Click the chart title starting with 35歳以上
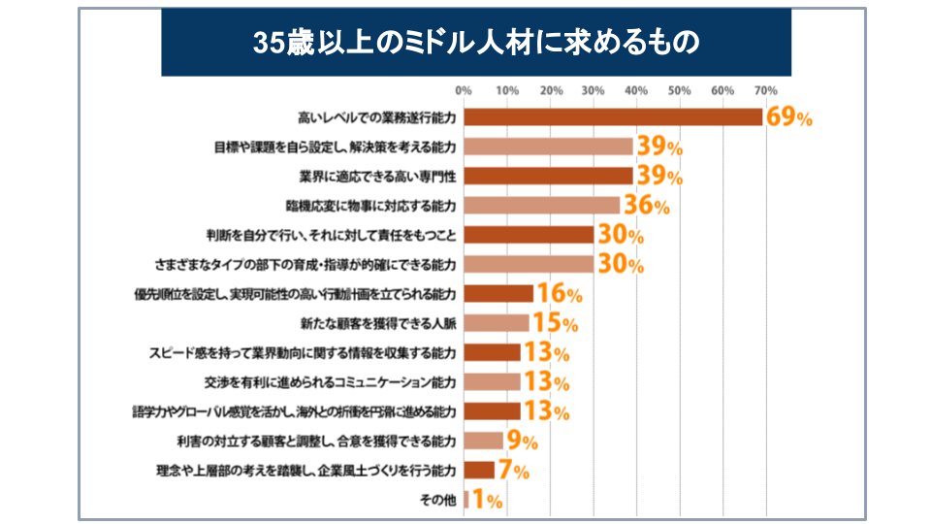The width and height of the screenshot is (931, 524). [x=475, y=43]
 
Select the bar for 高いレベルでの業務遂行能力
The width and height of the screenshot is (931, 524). [x=614, y=117]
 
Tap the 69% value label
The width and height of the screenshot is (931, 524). [x=788, y=117]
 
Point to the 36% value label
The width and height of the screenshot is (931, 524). [x=646, y=206]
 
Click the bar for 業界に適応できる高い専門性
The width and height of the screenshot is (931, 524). [x=549, y=176]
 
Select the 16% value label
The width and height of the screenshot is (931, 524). [x=559, y=294]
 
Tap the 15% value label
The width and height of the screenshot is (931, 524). [x=555, y=323]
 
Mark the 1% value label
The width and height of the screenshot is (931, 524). [x=487, y=500]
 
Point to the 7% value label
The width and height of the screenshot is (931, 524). [x=514, y=471]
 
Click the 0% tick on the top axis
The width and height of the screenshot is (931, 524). [x=464, y=91]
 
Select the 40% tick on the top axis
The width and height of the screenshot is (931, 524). [x=636, y=91]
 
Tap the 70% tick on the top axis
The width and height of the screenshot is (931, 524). [x=765, y=91]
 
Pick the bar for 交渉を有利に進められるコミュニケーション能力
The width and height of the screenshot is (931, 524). [x=493, y=381]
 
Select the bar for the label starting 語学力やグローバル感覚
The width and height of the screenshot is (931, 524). [x=493, y=411]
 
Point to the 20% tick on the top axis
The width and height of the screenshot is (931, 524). [x=550, y=91]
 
